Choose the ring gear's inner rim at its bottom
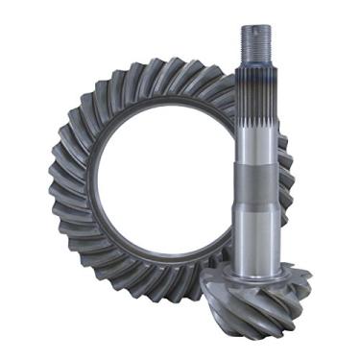pyautogui.click(x=163, y=264)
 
